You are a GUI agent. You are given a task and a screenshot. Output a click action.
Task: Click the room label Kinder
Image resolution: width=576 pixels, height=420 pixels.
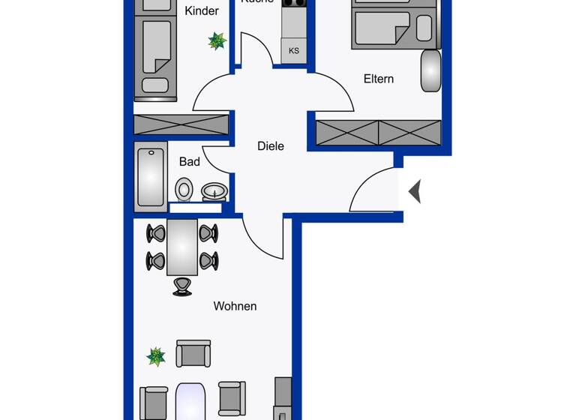[x=202, y=10]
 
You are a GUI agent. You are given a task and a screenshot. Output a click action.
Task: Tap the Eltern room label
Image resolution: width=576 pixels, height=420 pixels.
[x=378, y=79]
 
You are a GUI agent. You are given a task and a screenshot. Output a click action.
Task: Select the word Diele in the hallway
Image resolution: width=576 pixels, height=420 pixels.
[x=271, y=146]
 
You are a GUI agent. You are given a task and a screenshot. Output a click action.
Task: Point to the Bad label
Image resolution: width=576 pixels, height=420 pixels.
[x=190, y=161]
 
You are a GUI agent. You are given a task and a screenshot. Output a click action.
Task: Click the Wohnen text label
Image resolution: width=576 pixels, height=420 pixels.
[x=235, y=306]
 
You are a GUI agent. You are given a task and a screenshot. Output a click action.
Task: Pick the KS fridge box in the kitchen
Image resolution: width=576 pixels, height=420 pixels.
[x=294, y=51]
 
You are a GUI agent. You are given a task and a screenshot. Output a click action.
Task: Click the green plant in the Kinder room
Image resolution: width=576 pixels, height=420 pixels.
[x=217, y=40]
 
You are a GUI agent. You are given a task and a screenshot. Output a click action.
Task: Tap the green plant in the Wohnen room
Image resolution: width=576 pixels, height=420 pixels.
[x=156, y=355]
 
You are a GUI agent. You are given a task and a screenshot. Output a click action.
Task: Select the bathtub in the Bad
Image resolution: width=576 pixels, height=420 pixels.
[x=151, y=177]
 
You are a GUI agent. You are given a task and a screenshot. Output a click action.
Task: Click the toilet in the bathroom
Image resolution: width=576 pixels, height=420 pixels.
[x=184, y=189]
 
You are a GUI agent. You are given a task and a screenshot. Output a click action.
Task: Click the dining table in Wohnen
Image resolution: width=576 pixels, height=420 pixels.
[x=182, y=247]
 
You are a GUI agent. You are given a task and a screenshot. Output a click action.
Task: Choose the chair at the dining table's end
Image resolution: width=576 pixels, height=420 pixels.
[x=182, y=286]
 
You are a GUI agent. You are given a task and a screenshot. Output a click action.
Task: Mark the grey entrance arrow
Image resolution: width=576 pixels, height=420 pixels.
[x=415, y=192]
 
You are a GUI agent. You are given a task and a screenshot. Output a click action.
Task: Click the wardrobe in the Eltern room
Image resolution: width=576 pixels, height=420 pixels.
[x=378, y=133]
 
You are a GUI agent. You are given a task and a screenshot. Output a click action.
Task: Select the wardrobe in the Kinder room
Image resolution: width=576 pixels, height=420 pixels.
[x=170, y=124]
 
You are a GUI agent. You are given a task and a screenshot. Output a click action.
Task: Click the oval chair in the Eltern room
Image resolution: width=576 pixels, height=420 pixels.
[x=430, y=70]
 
